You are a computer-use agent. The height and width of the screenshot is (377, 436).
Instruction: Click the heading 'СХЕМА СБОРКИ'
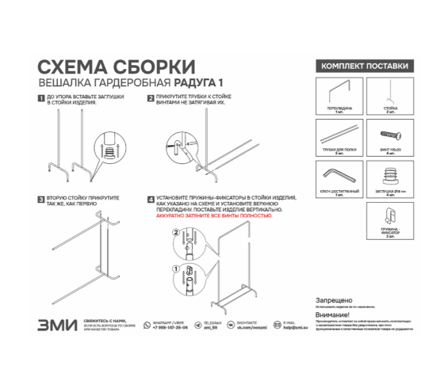[x=116, y=65]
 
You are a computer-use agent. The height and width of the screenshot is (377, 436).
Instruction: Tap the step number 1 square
[x=41, y=99]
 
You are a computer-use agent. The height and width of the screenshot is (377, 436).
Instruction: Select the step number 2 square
[x=151, y=99]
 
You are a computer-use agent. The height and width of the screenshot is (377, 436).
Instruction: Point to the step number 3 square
[x=41, y=200]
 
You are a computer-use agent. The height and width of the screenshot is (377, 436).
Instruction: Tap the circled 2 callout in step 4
[x=176, y=233]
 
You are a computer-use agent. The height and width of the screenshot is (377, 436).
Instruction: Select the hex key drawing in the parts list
[x=339, y=175]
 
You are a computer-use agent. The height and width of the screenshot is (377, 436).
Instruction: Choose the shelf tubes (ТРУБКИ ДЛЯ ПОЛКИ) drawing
[x=339, y=131]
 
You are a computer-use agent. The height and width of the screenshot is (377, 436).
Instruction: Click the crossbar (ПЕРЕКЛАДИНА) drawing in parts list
[x=339, y=89]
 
